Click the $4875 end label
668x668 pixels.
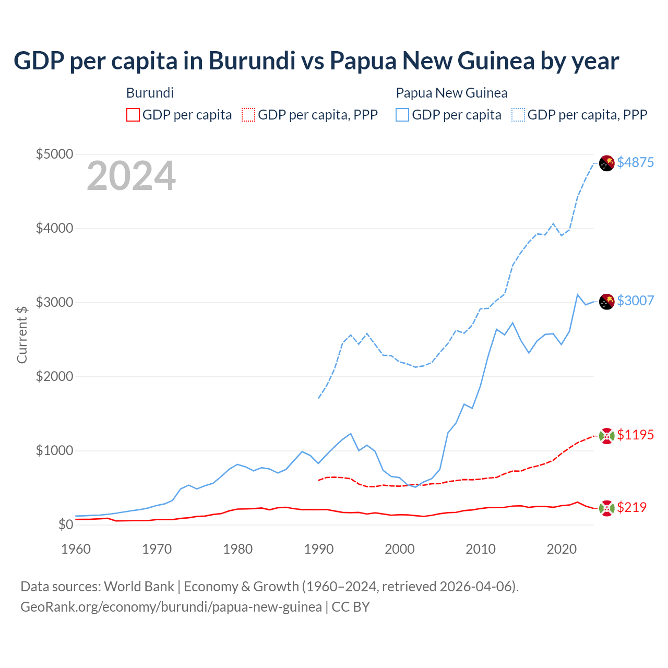point(635,162)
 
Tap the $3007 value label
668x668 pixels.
point(635,301)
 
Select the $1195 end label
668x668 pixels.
point(635,435)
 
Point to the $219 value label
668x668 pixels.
point(631,507)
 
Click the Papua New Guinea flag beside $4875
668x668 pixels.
point(606,163)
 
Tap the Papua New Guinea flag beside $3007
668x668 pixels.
point(606,301)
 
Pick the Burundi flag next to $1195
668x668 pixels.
point(606,435)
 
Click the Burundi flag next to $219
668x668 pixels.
point(606,508)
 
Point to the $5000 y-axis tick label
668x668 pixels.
point(54,154)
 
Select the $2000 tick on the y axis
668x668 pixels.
point(54,376)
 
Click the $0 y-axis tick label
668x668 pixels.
point(65,524)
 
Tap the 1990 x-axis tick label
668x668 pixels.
point(319,549)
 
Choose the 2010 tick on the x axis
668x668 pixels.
point(481,549)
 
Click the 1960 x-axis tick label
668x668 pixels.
point(76,549)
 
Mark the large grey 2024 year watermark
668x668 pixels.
point(131,176)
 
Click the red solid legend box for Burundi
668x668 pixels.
point(133,115)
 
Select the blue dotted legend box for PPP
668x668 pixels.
point(518,115)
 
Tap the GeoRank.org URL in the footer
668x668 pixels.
point(171,607)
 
